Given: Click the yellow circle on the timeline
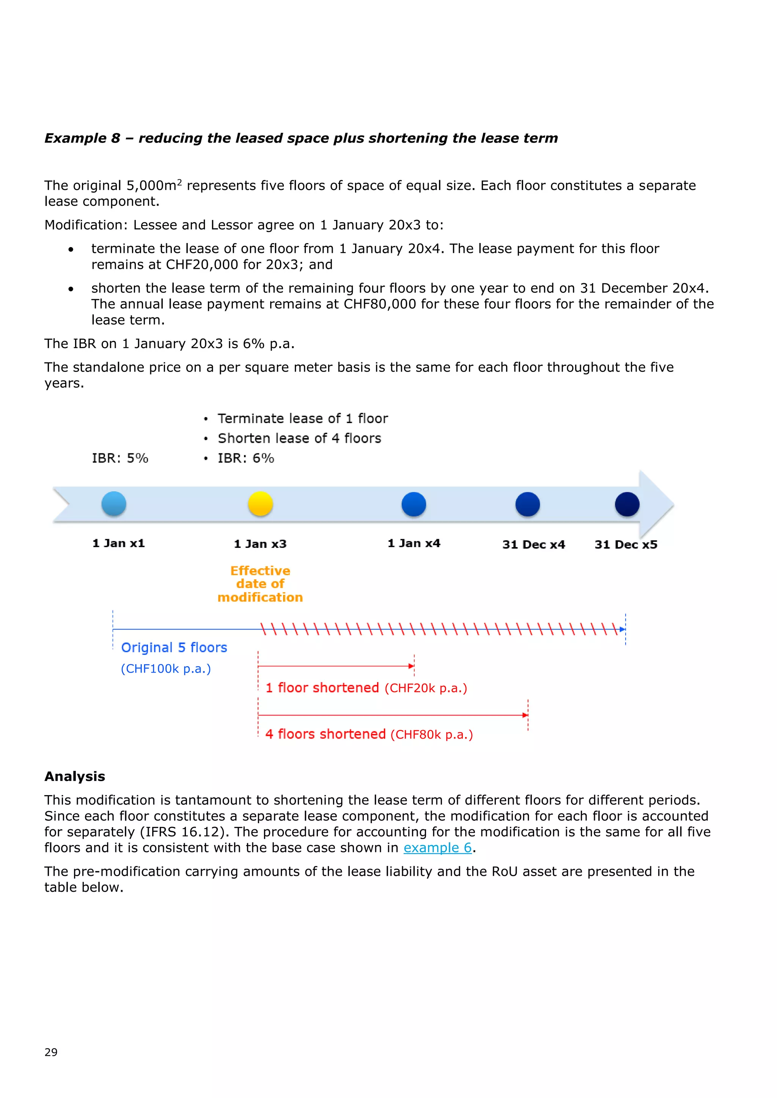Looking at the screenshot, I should (x=260, y=504).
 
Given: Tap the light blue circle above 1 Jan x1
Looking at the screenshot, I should (x=114, y=504).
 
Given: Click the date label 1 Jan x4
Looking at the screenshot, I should (x=414, y=543).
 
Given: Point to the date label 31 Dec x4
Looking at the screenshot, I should (x=533, y=545).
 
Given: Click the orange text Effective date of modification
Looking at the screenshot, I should (x=260, y=584).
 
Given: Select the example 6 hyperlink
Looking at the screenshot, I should (x=438, y=847).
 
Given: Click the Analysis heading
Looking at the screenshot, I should (x=75, y=776).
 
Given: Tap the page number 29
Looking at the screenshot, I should (x=51, y=1052).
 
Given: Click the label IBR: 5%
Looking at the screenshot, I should (x=120, y=458).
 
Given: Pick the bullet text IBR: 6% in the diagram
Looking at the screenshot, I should (x=246, y=458).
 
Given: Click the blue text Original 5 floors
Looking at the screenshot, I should (x=174, y=648).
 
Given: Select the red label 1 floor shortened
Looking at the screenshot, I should (x=322, y=688).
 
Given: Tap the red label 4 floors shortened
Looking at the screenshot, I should (x=326, y=734).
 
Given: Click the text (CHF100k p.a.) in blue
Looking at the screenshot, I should (x=165, y=668).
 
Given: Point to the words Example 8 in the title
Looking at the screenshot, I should (x=82, y=138).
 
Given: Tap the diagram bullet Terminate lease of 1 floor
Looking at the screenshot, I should (x=302, y=419).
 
